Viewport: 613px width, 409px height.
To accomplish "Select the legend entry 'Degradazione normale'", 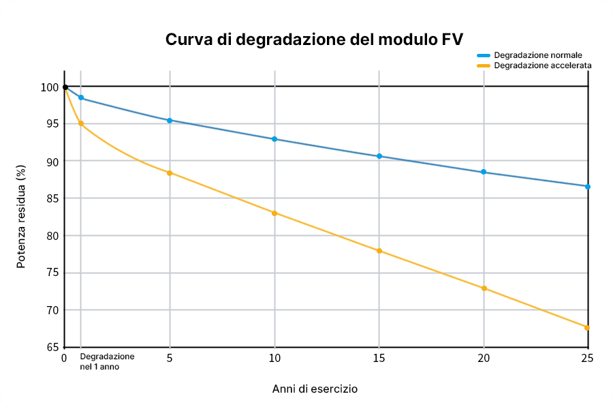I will click(x=537, y=55).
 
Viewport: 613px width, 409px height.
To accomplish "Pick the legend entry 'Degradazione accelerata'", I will click(x=542, y=65).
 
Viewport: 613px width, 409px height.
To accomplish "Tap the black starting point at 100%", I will click(x=65, y=87).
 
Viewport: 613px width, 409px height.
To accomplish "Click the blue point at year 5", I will click(x=170, y=120).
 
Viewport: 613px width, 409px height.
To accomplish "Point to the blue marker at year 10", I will click(x=274, y=139).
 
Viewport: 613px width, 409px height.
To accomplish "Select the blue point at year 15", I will click(x=379, y=156).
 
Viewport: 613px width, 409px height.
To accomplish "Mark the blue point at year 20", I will click(x=484, y=172).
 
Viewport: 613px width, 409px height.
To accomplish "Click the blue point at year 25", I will click(x=588, y=186).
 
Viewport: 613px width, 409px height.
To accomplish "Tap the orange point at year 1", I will click(x=81, y=123).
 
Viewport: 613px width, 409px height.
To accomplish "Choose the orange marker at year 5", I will click(x=170, y=172).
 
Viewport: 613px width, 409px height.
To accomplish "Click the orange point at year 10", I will click(x=274, y=213).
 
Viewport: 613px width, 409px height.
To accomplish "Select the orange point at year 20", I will click(x=484, y=288).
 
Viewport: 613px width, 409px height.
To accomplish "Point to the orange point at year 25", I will click(x=587, y=328).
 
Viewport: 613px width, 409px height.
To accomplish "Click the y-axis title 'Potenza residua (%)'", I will click(x=21, y=216).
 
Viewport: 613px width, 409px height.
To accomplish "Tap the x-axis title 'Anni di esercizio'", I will click(x=315, y=389).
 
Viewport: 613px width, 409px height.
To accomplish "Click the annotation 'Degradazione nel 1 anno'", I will click(x=107, y=361).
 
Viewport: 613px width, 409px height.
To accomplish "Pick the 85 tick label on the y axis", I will click(x=52, y=198).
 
